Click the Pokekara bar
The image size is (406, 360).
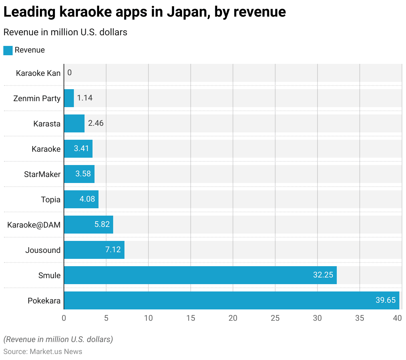pos(231,300)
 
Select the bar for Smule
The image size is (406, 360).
pos(200,275)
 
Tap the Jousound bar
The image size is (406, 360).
pos(94,250)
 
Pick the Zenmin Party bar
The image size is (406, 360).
pos(69,98)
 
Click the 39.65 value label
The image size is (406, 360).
pos(385,300)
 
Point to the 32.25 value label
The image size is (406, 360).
pos(323,275)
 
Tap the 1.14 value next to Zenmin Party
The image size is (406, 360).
pos(85,98)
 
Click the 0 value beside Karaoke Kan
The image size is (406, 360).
pos(70,73)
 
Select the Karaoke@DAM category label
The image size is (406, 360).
pos(34,225)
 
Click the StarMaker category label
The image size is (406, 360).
pos(42,174)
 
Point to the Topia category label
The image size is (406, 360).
pos(51,200)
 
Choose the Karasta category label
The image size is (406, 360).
pos(47,124)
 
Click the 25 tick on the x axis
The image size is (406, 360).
pos(275,318)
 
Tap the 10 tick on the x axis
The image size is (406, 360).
pos(148,318)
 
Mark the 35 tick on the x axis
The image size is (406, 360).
pos(360,318)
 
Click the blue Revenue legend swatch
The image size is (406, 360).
pos(8,50)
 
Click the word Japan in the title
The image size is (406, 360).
pos(188,12)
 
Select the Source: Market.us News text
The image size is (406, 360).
pos(43,352)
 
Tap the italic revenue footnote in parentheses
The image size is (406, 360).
pos(58,339)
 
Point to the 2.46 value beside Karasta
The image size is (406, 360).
pos(96,123)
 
